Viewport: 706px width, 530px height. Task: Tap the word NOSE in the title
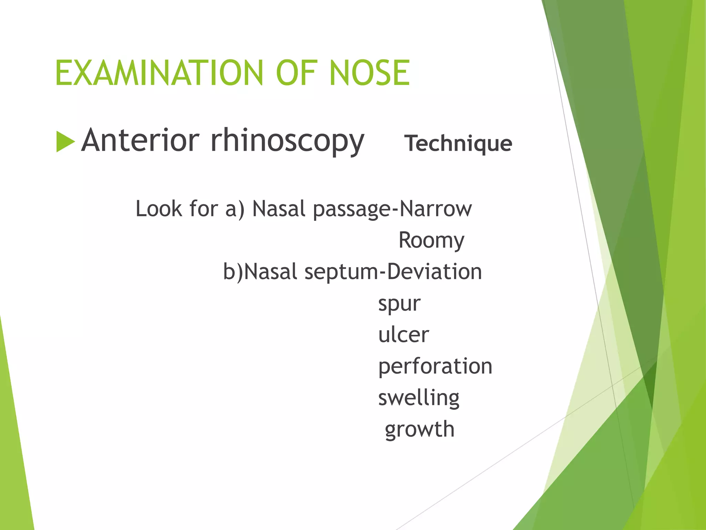[370, 73]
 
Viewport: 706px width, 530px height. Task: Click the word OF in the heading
[296, 73]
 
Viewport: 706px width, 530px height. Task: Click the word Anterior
[140, 140]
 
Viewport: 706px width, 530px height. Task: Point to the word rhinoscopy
[288, 141]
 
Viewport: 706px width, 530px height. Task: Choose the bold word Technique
[458, 143]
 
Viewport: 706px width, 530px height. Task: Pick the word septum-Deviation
[393, 272]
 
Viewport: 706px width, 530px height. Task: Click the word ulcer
[403, 335]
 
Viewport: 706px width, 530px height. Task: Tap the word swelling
[418, 398]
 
